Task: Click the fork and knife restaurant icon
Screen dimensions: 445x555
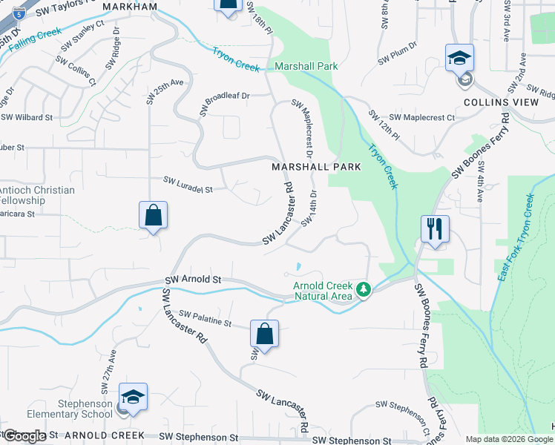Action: pos(434,228)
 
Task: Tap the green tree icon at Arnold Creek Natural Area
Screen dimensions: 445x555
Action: pos(363,289)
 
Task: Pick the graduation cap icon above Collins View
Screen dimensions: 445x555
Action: pos(459,58)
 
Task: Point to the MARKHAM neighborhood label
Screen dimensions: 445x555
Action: pos(131,7)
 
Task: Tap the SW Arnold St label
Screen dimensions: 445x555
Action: pos(192,280)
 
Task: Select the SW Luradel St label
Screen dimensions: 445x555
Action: pos(188,185)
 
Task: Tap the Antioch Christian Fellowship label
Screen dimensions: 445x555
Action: pos(37,195)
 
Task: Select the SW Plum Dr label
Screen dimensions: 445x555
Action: pos(398,58)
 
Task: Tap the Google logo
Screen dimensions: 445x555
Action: pos(24,436)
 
